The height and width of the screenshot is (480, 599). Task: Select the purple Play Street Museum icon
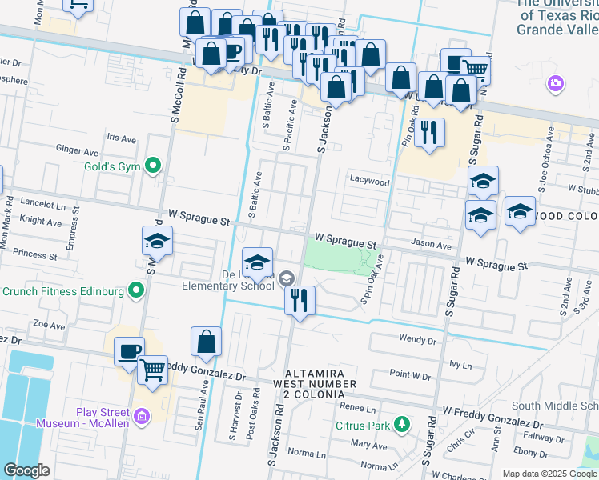(143, 417)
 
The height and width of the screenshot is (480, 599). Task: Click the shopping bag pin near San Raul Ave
(206, 342)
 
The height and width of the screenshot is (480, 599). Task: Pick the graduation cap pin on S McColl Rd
(158, 242)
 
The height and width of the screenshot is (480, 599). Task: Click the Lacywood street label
(369, 182)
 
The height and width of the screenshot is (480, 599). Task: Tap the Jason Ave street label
(432, 243)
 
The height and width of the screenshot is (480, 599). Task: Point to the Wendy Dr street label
(417, 339)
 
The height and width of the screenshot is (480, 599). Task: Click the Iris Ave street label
(122, 138)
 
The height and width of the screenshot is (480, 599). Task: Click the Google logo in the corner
(27, 470)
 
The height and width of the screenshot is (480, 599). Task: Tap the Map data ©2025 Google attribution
(549, 474)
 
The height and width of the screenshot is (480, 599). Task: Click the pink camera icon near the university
(555, 83)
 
